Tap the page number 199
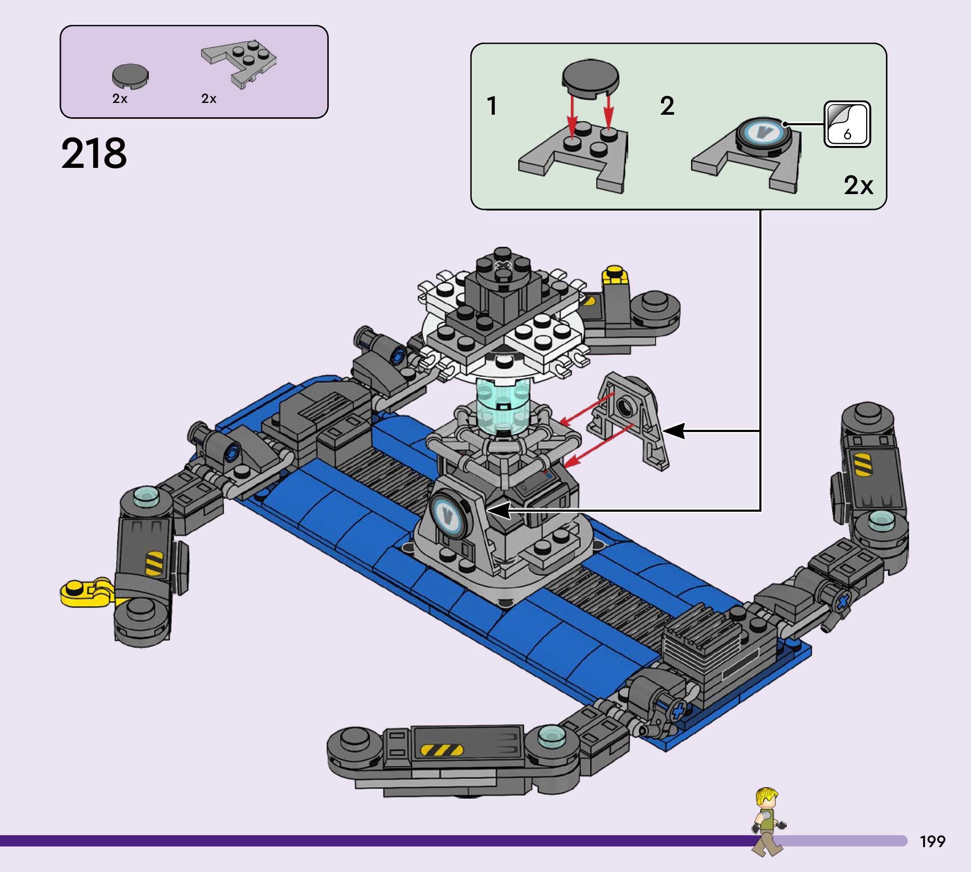932,841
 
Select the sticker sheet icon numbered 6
847,124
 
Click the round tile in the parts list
130,76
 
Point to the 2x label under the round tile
120,99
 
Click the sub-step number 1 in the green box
492,106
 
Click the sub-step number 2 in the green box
667,106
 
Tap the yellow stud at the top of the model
614,275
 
